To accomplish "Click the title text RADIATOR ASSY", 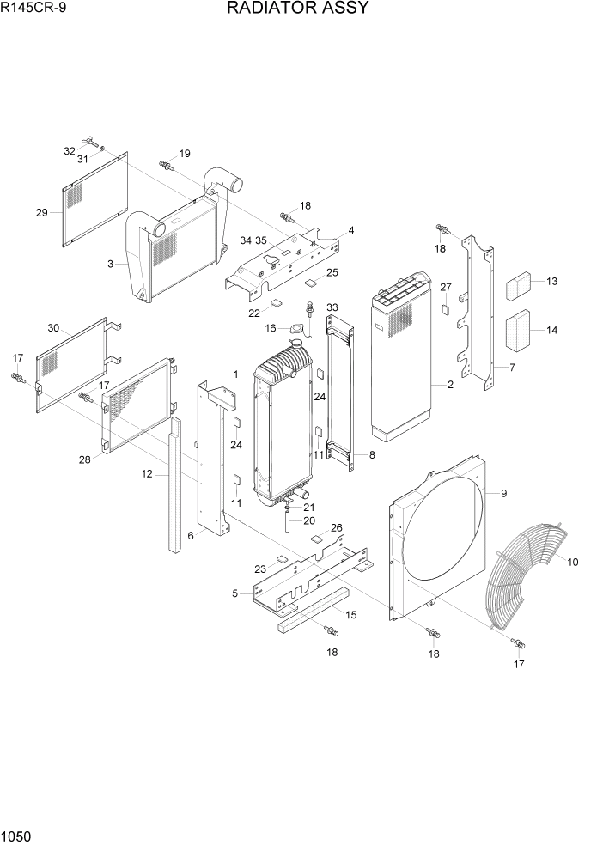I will click(298, 9).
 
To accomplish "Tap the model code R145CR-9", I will click(31, 9).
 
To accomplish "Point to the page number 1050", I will click(17, 836).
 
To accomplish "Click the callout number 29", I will click(41, 213).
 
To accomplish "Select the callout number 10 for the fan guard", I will click(573, 563).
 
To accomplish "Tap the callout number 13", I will click(551, 282).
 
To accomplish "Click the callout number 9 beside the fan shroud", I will click(503, 493).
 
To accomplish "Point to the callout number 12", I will click(147, 474).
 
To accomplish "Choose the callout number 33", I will click(332, 307).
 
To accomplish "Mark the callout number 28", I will click(85, 460).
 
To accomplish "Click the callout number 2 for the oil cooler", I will click(449, 385).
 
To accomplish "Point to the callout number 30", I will click(53, 328).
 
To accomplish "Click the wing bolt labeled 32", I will click(88, 141).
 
